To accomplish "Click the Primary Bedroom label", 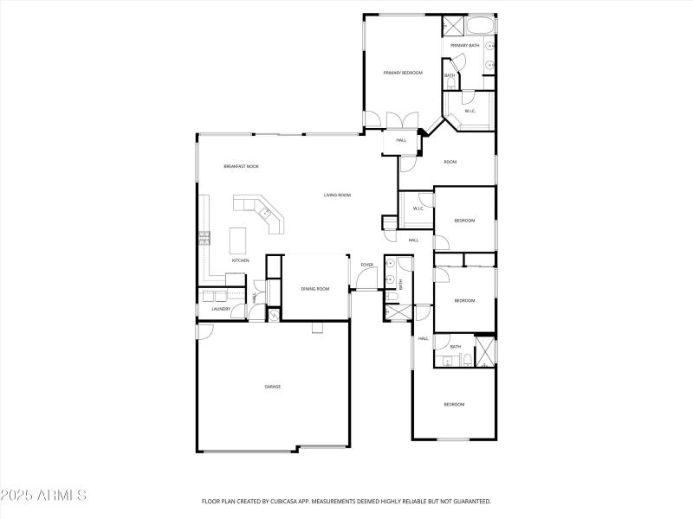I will click(403, 73).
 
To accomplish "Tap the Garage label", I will click(272, 387).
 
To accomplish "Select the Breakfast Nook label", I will click(241, 166).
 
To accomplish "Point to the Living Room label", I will click(337, 195).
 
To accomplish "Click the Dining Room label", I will click(315, 289).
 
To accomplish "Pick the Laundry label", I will click(220, 309).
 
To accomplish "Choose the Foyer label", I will click(367, 265).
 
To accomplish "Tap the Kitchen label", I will click(240, 260).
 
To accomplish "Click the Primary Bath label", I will click(464, 46).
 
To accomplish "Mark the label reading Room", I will click(450, 162).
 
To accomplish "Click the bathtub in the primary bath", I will click(481, 24).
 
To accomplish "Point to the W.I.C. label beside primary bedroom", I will click(470, 111).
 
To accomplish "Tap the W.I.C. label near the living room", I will click(418, 208).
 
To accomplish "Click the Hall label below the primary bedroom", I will click(401, 140).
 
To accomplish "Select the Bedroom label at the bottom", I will click(454, 405).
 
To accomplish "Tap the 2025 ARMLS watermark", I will click(43, 496).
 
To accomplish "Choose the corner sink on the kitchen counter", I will click(265, 211).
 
